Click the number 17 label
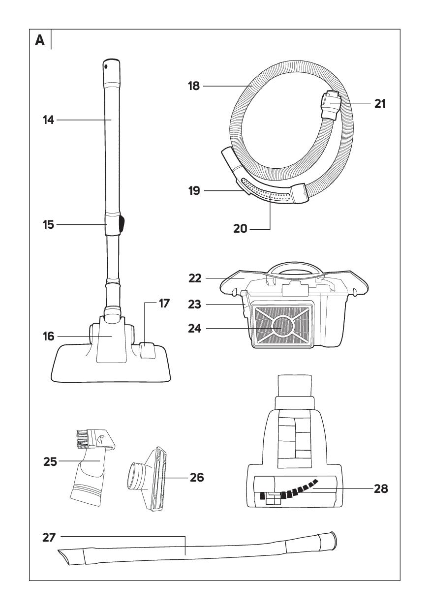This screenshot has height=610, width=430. (164, 304)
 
